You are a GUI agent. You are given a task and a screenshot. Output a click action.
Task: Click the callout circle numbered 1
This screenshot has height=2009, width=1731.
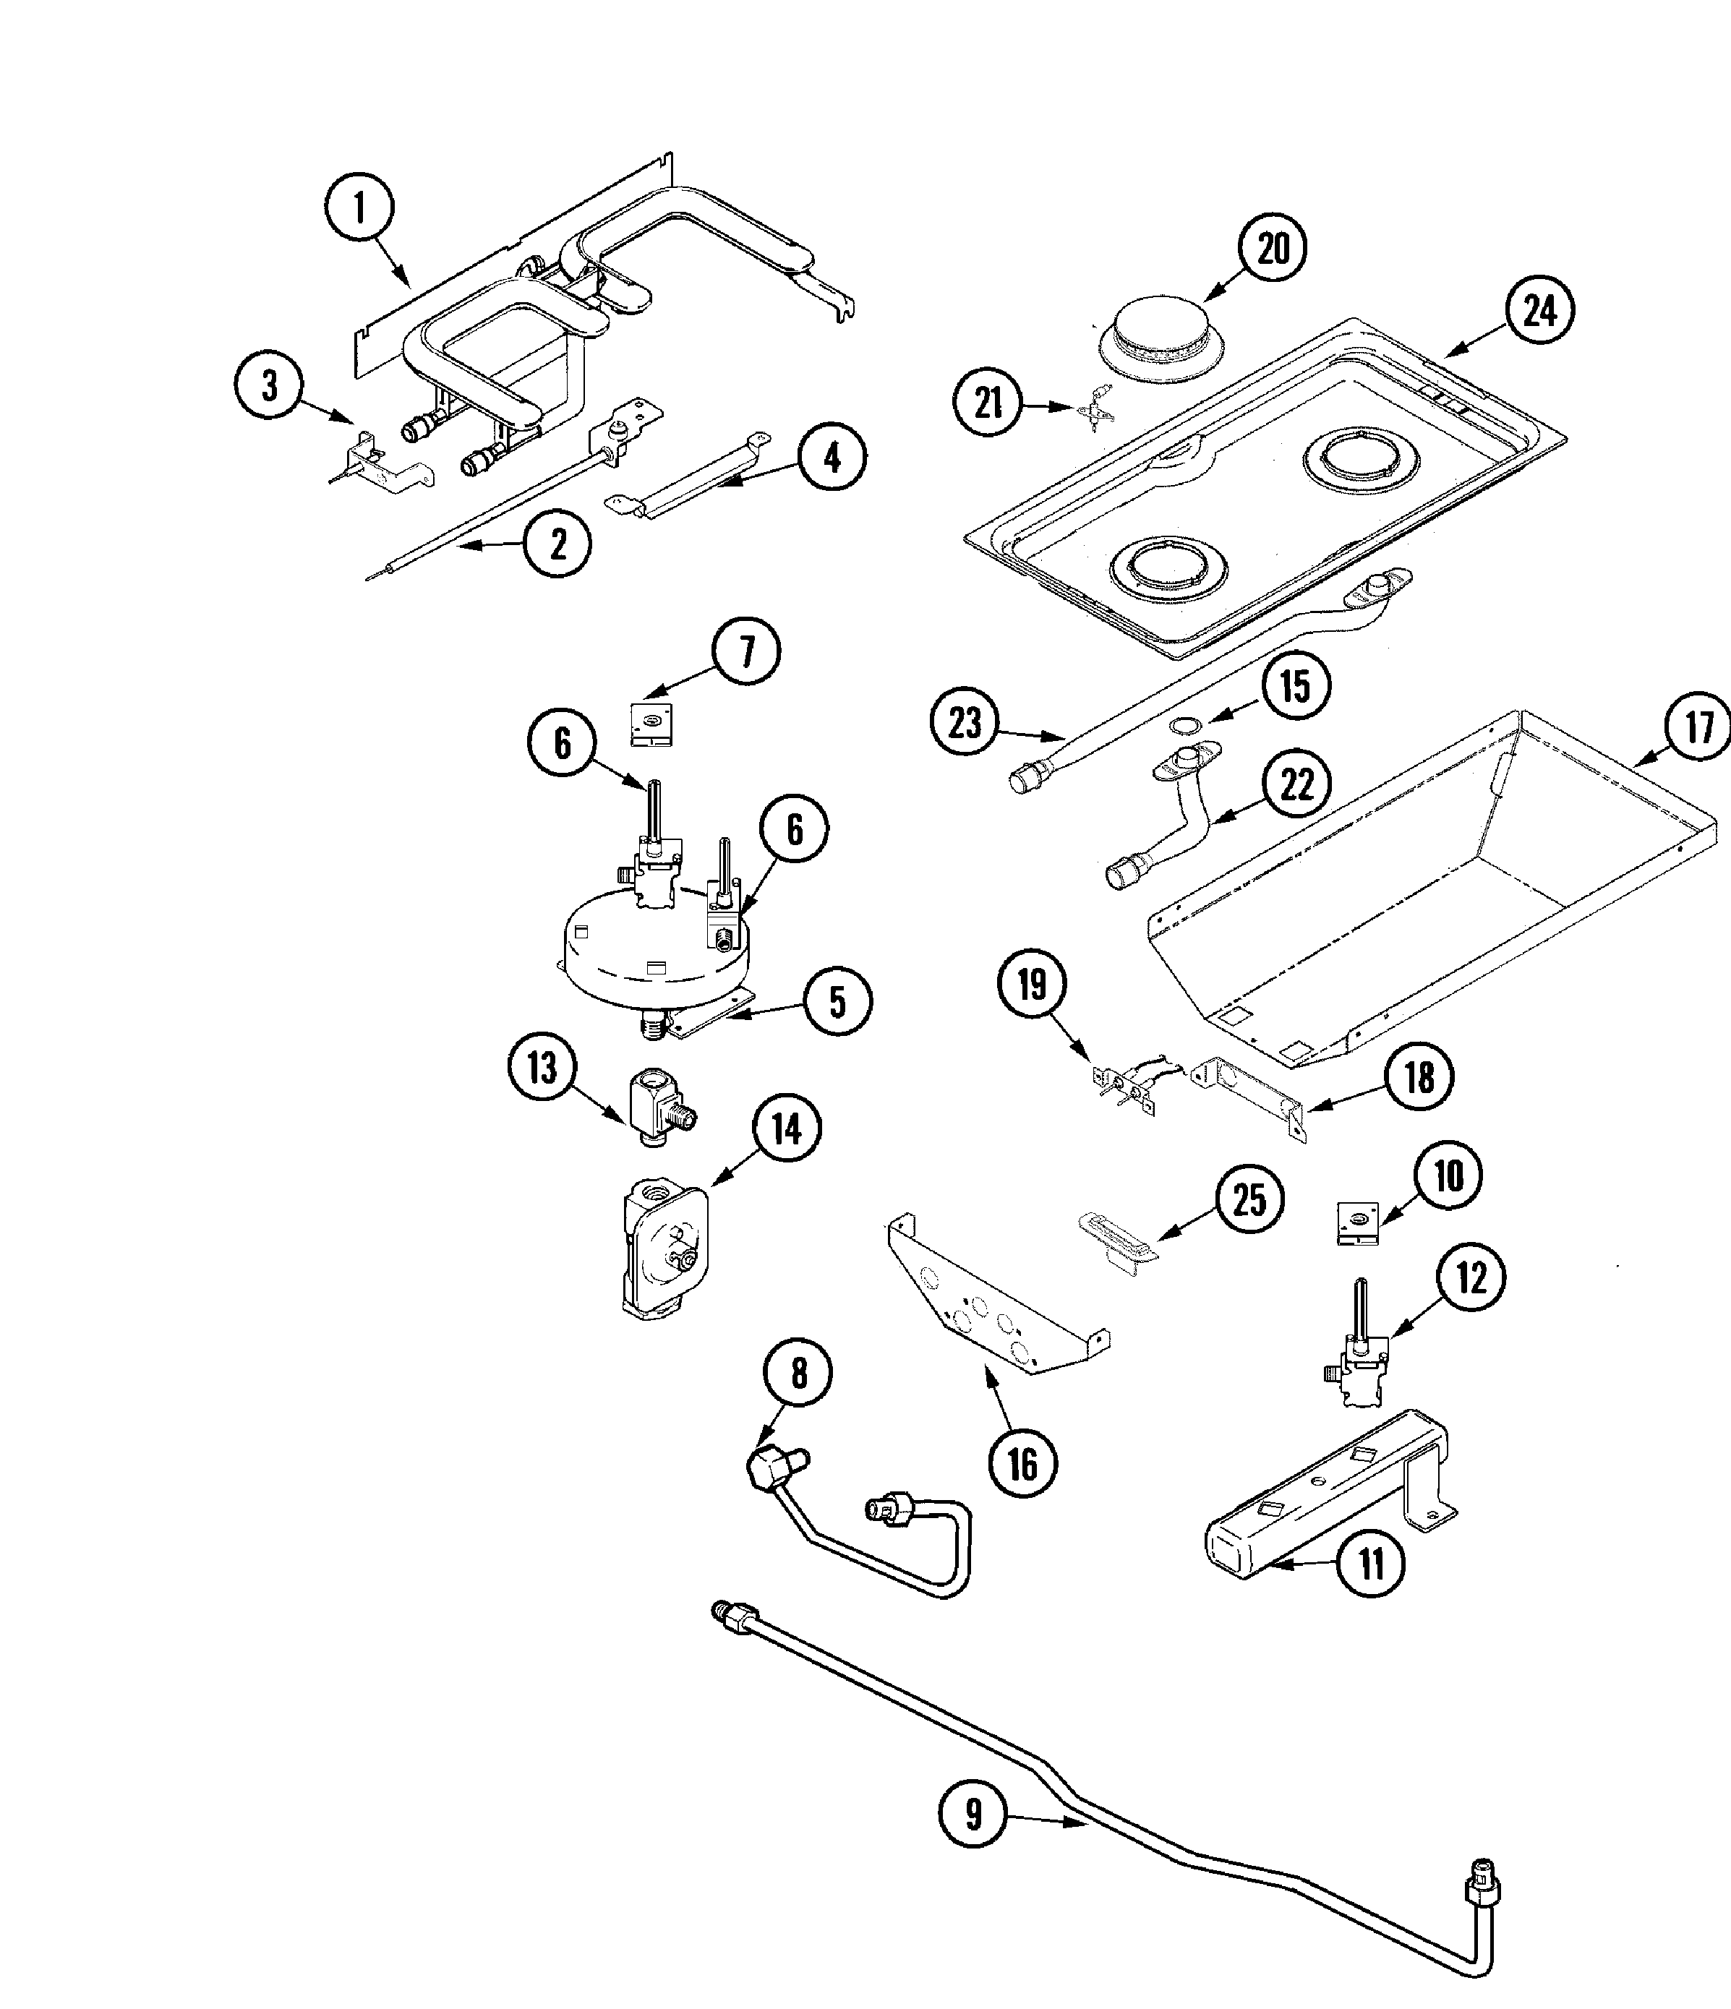tap(360, 207)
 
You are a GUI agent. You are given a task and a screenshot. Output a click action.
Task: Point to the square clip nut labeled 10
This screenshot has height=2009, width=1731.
tap(1358, 1225)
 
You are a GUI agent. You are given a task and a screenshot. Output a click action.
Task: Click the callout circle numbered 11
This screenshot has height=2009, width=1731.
tap(1370, 1563)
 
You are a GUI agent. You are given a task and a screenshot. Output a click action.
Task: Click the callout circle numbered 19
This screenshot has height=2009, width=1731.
tap(1032, 985)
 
